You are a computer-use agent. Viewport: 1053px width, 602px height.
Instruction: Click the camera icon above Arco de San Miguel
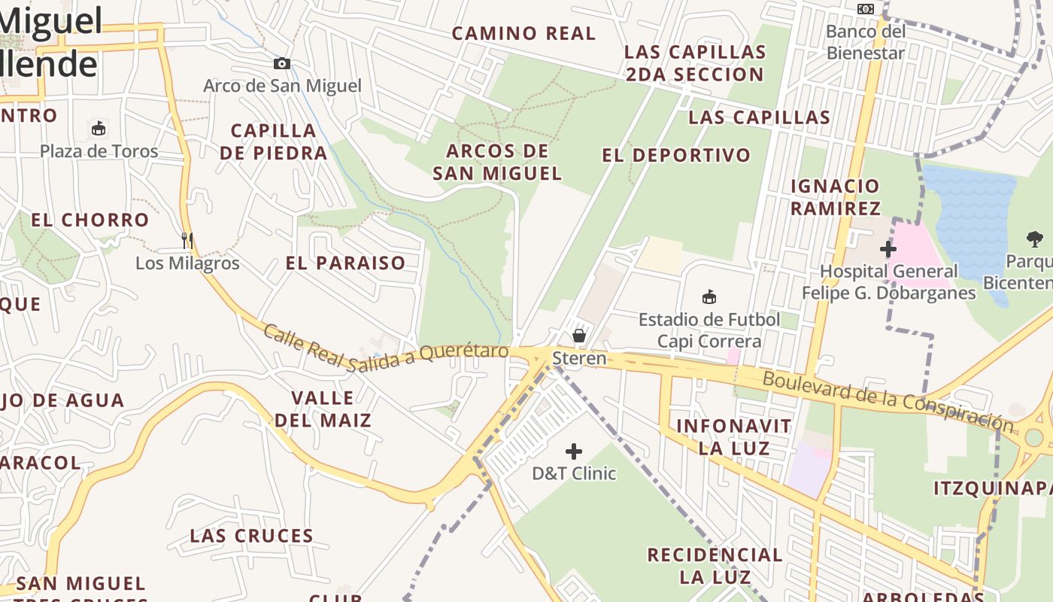282,64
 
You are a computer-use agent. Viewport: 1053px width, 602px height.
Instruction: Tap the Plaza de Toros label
99,151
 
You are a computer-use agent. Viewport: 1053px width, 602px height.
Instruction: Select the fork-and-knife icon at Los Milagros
187,241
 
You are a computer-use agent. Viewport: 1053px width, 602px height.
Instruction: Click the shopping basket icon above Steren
579,335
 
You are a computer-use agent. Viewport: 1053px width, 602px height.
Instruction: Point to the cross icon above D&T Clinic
574,451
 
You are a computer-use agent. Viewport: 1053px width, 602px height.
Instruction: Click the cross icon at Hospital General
888,248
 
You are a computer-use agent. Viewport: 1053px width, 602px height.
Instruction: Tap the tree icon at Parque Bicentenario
1036,239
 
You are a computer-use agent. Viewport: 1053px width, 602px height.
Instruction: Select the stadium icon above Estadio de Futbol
709,296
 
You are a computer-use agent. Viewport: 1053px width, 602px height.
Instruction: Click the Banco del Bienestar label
866,42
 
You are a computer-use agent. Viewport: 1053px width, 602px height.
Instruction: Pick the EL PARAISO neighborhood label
346,263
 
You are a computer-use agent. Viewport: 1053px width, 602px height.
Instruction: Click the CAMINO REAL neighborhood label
523,33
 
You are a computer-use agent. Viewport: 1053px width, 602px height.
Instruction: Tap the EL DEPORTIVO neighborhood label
676,155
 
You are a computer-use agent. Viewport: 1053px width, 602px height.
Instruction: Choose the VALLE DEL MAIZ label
323,409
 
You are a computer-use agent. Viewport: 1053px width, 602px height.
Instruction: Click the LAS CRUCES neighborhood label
251,536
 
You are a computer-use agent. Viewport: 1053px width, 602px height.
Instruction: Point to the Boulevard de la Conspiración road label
888,400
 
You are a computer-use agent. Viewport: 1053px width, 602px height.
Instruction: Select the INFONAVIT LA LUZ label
733,437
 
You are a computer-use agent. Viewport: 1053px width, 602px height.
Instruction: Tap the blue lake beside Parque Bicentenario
970,211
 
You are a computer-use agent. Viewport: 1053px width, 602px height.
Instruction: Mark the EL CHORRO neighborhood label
90,220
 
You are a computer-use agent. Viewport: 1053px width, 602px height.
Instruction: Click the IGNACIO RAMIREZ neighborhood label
835,196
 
